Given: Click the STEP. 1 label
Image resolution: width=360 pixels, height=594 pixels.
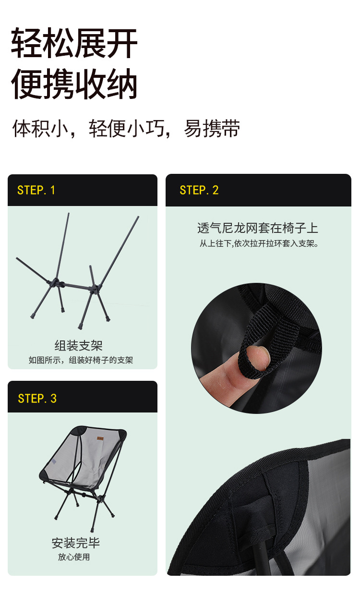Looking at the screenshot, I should [36, 190].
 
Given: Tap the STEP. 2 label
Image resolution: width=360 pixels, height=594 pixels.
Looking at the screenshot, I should [199, 190].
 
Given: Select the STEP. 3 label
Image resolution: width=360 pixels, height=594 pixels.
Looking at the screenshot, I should [37, 399].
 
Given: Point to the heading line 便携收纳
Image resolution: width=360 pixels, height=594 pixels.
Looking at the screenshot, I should [74, 85].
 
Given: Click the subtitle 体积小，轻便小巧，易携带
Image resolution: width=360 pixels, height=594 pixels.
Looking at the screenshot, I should [126, 129].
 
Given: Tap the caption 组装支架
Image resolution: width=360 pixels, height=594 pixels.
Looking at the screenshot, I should [78, 345].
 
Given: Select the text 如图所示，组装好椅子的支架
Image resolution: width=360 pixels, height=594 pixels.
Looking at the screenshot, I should [81, 360].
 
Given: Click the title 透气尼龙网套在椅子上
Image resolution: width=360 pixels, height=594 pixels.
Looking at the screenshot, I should [257, 228].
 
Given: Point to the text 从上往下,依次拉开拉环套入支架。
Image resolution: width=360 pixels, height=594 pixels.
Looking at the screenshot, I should [259, 243].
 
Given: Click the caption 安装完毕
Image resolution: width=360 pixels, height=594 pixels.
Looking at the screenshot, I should [76, 543].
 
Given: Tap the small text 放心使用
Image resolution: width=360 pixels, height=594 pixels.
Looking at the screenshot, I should [74, 557].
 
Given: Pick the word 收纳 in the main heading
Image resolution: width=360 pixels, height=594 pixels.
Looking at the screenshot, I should [106, 85].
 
